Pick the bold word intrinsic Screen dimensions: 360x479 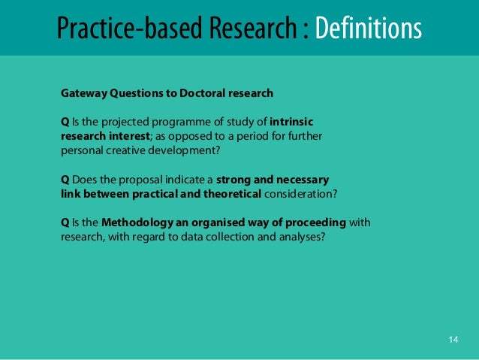(x=291, y=123)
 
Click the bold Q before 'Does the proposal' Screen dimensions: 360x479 (x=65, y=180)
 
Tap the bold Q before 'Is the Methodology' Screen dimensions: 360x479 (x=65, y=223)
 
